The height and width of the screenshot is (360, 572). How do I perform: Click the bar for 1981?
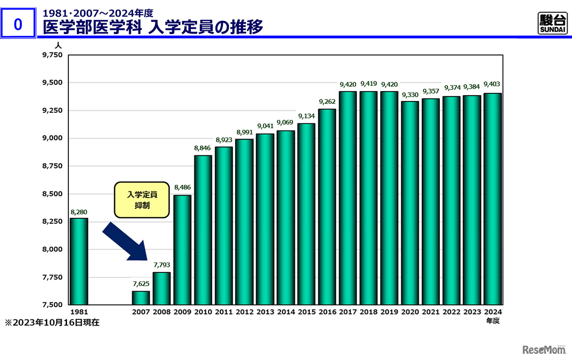(x=79, y=261)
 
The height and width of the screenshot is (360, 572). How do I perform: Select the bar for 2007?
(x=141, y=297)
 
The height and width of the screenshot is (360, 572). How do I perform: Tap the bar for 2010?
(x=203, y=230)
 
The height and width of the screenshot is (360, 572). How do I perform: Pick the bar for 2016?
(x=327, y=207)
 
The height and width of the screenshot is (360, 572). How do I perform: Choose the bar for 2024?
(x=492, y=199)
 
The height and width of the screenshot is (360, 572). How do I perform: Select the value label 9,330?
(x=410, y=95)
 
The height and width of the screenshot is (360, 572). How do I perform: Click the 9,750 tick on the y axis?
(x=53, y=55)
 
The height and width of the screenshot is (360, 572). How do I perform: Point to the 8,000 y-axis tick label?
(x=53, y=249)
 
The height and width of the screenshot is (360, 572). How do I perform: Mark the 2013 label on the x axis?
(x=265, y=312)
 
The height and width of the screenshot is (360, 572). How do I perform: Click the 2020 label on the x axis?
(x=410, y=312)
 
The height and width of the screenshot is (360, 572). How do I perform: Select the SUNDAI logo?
(x=552, y=23)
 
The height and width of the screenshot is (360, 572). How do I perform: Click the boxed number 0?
(x=18, y=25)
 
